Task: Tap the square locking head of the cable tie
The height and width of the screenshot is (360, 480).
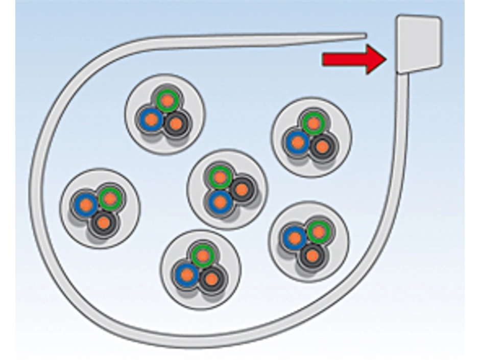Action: click(419, 43)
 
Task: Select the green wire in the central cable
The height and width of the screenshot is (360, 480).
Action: click(220, 177)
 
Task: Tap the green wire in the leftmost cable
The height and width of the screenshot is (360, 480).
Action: click(110, 198)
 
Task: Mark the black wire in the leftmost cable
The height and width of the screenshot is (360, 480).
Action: click(104, 222)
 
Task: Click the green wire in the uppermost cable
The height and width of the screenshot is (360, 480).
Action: click(167, 101)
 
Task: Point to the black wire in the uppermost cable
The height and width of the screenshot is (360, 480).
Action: click(176, 123)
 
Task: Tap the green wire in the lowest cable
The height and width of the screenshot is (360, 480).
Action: click(203, 255)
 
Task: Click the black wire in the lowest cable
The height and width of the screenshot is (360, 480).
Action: click(211, 279)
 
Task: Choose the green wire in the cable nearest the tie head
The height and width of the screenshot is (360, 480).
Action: click(313, 123)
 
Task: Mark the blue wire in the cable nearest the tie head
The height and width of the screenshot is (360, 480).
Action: click(297, 142)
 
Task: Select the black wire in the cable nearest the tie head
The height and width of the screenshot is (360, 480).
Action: click(322, 147)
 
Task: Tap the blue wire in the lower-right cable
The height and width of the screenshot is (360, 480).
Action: click(295, 237)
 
